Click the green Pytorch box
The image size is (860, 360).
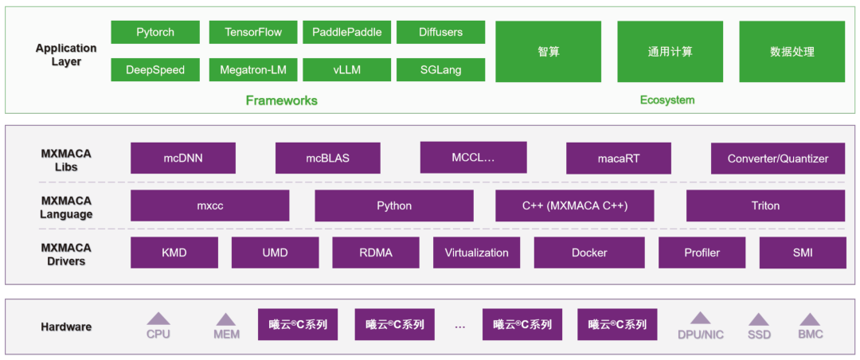(155, 33)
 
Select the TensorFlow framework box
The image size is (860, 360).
(253, 33)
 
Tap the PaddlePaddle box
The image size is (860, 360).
(346, 33)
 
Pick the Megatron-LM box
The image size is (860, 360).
(253, 70)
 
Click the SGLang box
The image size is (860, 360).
(440, 70)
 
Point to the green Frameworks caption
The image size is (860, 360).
(281, 100)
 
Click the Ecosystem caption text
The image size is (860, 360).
(667, 100)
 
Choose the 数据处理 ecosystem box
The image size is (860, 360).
(792, 52)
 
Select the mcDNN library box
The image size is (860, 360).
(183, 158)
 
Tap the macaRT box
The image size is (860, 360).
(619, 158)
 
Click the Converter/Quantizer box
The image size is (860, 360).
(778, 158)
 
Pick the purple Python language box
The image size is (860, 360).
(394, 205)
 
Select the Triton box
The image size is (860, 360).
(765, 205)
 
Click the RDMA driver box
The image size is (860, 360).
(375, 252)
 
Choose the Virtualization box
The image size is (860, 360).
(476, 252)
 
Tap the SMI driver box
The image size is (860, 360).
(802, 252)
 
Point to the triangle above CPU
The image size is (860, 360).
(158, 318)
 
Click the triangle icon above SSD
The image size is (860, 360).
(759, 319)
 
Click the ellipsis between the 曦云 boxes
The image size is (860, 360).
(459, 325)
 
